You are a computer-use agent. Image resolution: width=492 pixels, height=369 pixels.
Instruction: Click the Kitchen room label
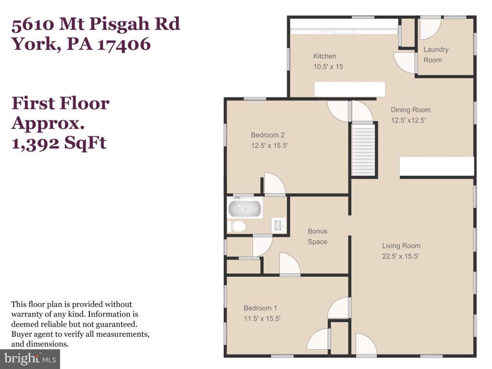[x=325, y=56]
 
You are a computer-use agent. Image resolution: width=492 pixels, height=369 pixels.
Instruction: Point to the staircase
[x=363, y=150]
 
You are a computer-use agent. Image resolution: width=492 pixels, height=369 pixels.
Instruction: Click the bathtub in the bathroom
[x=245, y=209]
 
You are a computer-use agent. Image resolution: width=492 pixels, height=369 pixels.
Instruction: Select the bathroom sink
[x=279, y=225]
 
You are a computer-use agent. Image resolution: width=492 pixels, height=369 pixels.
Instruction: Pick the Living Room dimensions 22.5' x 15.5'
[x=401, y=257]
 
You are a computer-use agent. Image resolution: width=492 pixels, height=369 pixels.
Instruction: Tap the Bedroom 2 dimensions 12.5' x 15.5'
[x=269, y=145]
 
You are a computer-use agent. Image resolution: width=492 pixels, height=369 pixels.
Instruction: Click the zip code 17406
[x=124, y=44]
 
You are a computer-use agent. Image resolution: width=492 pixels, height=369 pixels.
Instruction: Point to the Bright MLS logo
[x=30, y=358]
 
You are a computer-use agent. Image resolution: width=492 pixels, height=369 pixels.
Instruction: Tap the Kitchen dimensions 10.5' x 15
[x=328, y=67]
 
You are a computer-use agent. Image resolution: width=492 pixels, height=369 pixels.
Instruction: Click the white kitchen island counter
[x=350, y=89]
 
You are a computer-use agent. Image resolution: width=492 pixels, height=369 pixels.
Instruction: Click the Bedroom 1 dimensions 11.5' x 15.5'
[x=262, y=318]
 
